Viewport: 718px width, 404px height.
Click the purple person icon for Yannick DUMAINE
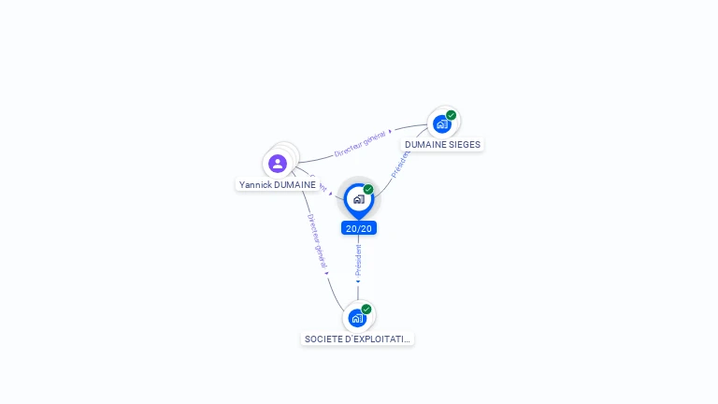278,164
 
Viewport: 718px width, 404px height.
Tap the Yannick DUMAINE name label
277,185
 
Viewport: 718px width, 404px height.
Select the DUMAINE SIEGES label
442,145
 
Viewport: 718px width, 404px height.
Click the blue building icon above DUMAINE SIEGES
441,124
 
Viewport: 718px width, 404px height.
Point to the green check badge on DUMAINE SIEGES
452,115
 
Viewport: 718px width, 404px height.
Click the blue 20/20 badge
359,228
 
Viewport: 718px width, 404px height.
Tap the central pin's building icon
358,199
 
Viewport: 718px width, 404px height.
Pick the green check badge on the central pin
368,189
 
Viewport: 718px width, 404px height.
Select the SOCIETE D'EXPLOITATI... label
357,339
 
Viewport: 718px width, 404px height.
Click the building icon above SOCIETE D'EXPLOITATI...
357,318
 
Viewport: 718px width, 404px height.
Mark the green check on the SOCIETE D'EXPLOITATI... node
366,309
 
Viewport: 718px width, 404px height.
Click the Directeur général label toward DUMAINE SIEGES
360,143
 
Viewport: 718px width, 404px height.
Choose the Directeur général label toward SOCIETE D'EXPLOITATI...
315,240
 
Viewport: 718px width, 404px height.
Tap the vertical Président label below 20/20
358,259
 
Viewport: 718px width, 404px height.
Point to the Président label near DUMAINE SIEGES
401,163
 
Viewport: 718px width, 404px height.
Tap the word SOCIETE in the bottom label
323,339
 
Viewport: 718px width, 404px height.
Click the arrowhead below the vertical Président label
358,281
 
